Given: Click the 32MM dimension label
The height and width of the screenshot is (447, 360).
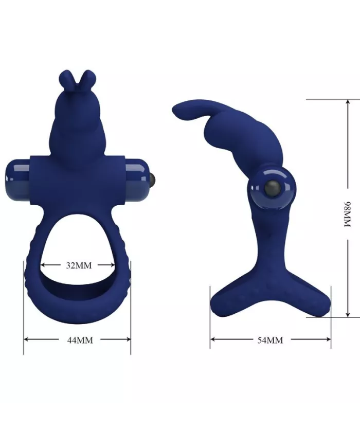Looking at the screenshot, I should click(x=78, y=265).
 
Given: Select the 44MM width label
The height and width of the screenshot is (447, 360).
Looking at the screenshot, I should click(x=78, y=339).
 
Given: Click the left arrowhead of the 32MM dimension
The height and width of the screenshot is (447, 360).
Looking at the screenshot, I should click(x=43, y=265).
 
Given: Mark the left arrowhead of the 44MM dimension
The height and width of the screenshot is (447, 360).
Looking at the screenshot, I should click(x=26, y=339).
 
